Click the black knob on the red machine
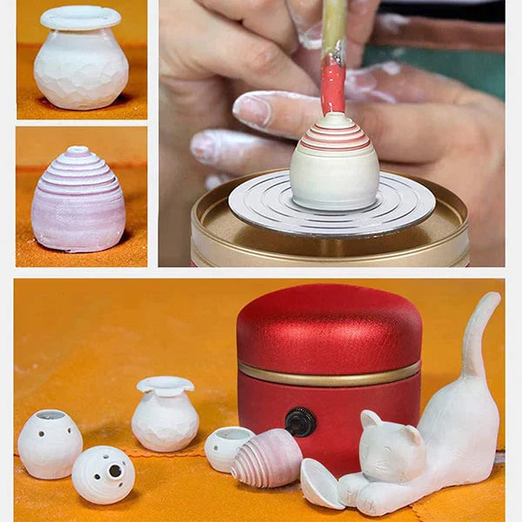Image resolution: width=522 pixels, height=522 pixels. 301,422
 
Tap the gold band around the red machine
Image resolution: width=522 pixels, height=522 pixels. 329,373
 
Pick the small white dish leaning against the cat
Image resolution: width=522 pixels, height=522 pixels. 319,483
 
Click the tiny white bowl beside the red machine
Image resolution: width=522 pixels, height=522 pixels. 227,445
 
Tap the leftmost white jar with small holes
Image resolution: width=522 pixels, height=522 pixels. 50,444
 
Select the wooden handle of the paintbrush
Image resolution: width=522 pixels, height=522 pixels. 334,26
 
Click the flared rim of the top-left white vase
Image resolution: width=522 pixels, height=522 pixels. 81,17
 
